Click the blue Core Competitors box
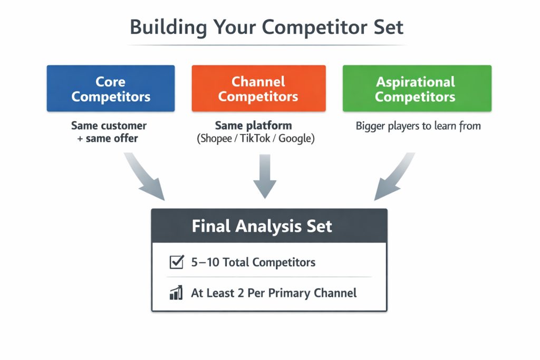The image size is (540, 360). click(x=111, y=89)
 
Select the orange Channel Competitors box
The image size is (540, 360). click(x=258, y=89)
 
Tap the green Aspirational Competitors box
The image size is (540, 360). click(x=417, y=89)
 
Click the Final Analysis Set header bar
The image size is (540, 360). click(x=269, y=226)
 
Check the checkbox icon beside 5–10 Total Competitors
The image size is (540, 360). click(x=176, y=262)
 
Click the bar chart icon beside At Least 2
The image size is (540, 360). click(x=176, y=293)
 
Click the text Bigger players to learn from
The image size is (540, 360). click(x=418, y=126)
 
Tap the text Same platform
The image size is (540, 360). click(x=253, y=126)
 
